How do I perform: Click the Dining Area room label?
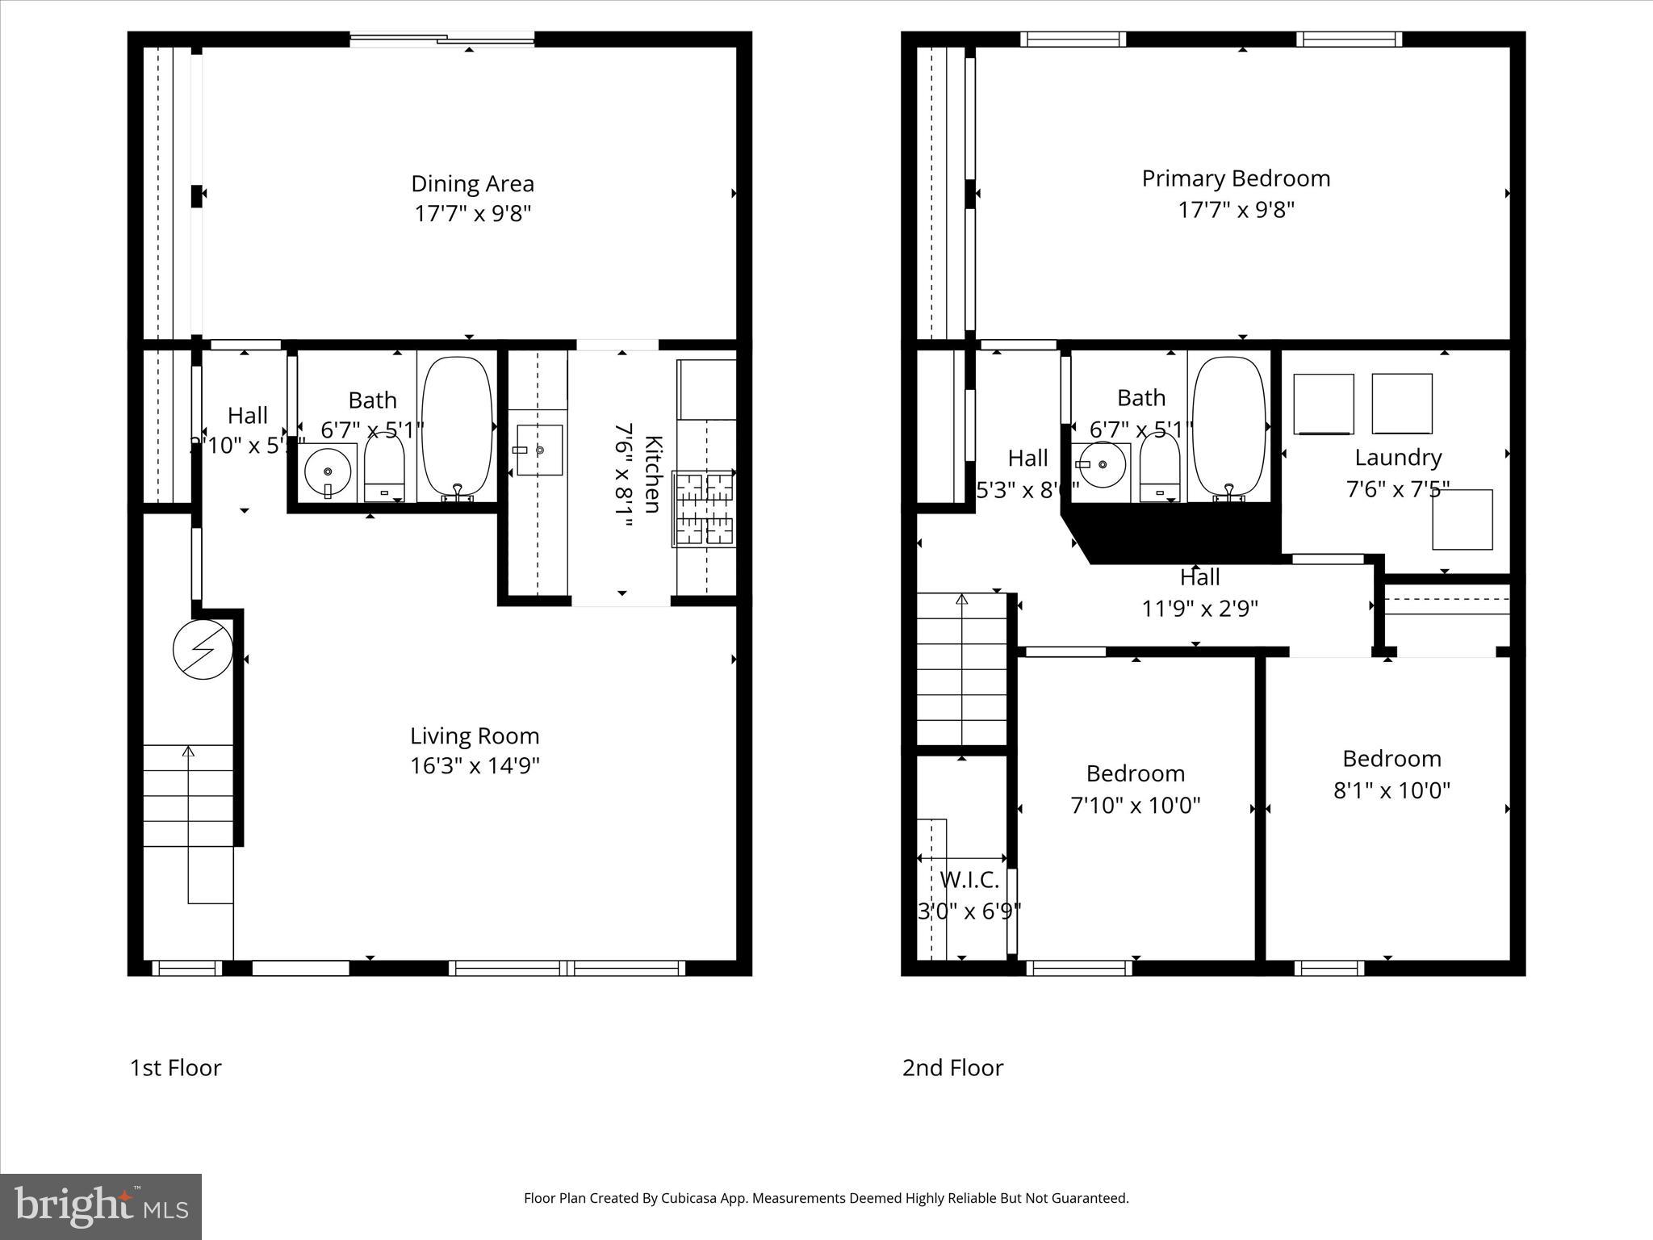pyautogui.click(x=472, y=184)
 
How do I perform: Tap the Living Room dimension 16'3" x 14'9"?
pyautogui.click(x=475, y=765)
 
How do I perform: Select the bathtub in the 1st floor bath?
pyautogui.click(x=458, y=426)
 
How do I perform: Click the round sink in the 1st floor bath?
pyautogui.click(x=329, y=471)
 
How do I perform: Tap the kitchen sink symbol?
pyautogui.click(x=539, y=450)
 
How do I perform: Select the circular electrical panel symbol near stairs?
pyautogui.click(x=203, y=648)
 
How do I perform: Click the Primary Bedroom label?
pyautogui.click(x=1236, y=178)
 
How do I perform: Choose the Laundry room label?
pyautogui.click(x=1398, y=458)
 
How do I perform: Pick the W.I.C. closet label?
pyautogui.click(x=969, y=880)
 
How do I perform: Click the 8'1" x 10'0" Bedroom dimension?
pyautogui.click(x=1391, y=790)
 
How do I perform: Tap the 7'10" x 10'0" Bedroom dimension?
pyautogui.click(x=1135, y=806)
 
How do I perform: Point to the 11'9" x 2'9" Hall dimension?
pyautogui.click(x=1200, y=609)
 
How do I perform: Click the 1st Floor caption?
pyautogui.click(x=175, y=1068)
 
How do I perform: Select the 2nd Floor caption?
pyautogui.click(x=952, y=1068)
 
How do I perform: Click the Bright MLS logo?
pyautogui.click(x=101, y=1206)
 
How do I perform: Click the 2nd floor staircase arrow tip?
pyautogui.click(x=961, y=599)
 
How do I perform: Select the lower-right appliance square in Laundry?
pyautogui.click(x=1462, y=520)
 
